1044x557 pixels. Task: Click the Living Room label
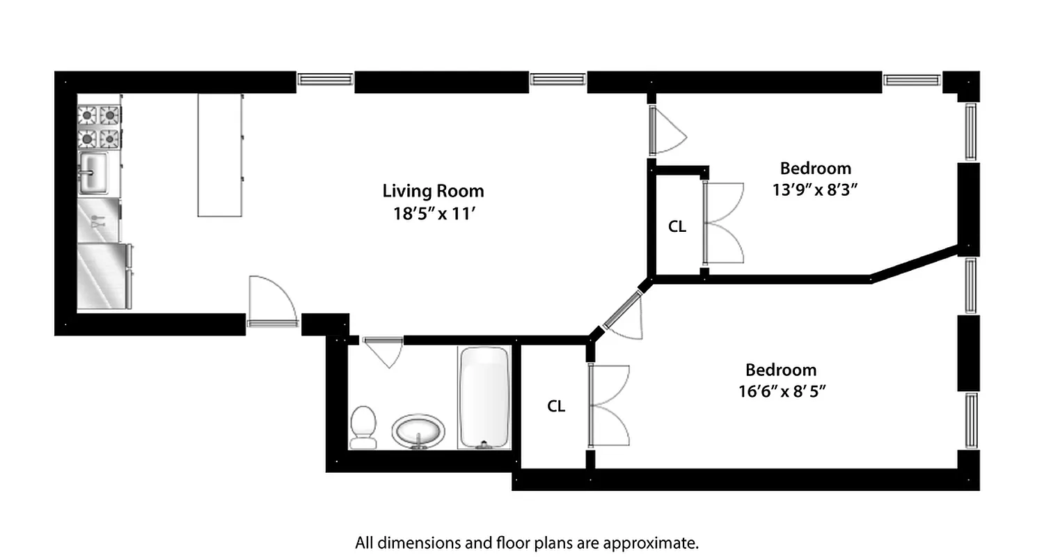pyautogui.click(x=433, y=191)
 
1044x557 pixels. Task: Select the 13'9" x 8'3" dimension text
pyautogui.click(x=814, y=189)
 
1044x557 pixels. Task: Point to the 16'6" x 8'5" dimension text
pyautogui.click(x=781, y=391)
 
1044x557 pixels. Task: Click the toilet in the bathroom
pyautogui.click(x=363, y=426)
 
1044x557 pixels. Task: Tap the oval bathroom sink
pyautogui.click(x=418, y=431)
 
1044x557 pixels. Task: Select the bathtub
pyautogui.click(x=484, y=398)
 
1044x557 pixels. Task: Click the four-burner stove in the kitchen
pyautogui.click(x=98, y=126)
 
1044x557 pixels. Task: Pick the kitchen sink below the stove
pyautogui.click(x=93, y=172)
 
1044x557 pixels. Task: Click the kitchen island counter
pyautogui.click(x=220, y=155)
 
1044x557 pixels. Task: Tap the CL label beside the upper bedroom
pyautogui.click(x=677, y=227)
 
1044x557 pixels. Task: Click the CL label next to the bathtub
pyautogui.click(x=555, y=407)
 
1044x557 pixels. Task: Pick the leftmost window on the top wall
pyautogui.click(x=325, y=79)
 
